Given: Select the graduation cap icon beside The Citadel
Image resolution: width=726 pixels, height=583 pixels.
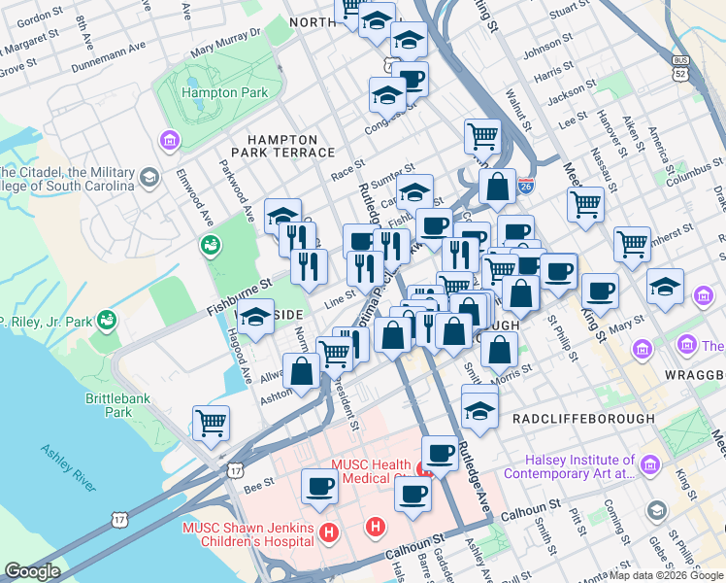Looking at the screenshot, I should pyautogui.click(x=149, y=177).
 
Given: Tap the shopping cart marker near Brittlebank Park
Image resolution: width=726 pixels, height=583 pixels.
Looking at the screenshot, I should pyautogui.click(x=211, y=423).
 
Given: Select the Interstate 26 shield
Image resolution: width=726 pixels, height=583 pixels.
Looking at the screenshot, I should pyautogui.click(x=526, y=186).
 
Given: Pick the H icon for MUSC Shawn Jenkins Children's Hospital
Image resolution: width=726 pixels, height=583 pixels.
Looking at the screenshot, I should pyautogui.click(x=329, y=533).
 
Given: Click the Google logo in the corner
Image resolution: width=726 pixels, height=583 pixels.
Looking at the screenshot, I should pyautogui.click(x=32, y=571).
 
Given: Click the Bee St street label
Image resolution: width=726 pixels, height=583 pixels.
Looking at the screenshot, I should pyautogui.click(x=259, y=482).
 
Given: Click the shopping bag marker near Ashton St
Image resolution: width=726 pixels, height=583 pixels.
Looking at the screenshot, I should pyautogui.click(x=302, y=371).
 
